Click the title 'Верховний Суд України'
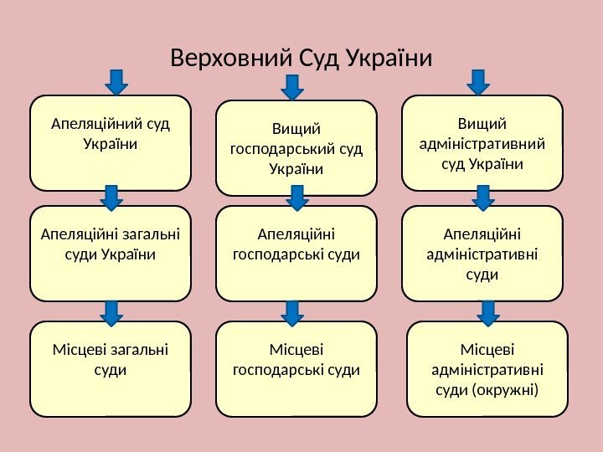[x=301, y=59]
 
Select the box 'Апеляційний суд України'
[x=110, y=142]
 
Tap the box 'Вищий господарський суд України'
[x=296, y=148]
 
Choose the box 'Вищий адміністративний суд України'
[x=482, y=142]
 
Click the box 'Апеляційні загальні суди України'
[x=110, y=253]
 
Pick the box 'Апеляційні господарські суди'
[x=296, y=253]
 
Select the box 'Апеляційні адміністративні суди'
[x=482, y=253]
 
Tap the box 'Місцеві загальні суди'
[x=110, y=369]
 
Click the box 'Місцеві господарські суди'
[x=296, y=369]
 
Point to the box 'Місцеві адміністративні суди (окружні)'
[x=487, y=369]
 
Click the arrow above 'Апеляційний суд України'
[x=116, y=81]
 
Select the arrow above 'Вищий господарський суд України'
[x=291, y=86]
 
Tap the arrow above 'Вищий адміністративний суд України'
[x=478, y=81]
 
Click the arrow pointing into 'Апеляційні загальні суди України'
[x=111, y=198]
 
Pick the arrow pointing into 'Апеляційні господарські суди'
[x=296, y=198]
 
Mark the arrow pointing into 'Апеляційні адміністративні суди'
[x=483, y=198]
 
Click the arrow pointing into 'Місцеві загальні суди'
[x=111, y=312]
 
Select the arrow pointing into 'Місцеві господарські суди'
[x=291, y=313]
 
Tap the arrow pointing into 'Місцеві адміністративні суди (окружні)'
[x=487, y=312]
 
